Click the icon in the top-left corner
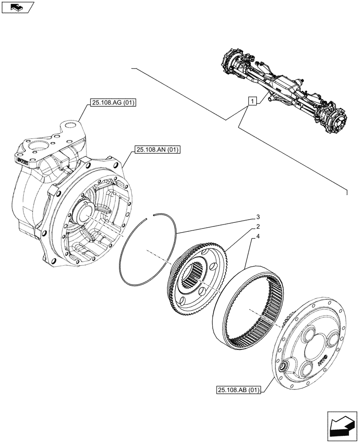(17, 7)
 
